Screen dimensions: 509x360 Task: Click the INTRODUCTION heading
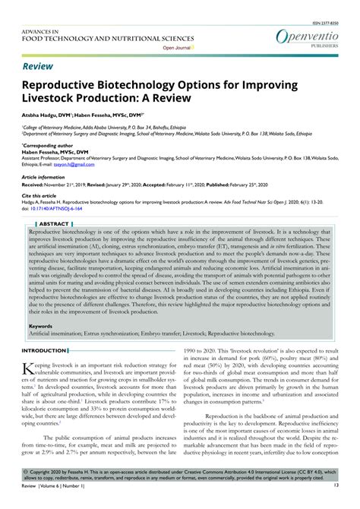pyautogui.click(x=43, y=350)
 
